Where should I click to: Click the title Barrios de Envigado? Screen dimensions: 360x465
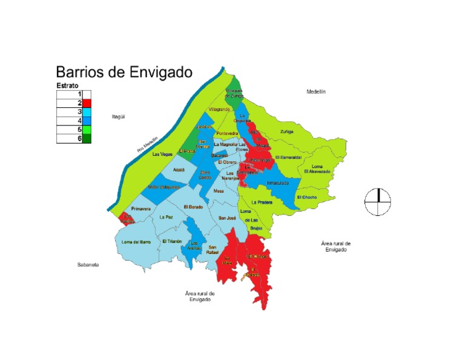point(124,72)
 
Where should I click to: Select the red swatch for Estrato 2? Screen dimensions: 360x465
point(87,104)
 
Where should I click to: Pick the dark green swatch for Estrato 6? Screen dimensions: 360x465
point(87,139)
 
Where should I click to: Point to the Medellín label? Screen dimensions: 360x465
point(315,92)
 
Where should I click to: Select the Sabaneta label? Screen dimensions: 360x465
point(88,265)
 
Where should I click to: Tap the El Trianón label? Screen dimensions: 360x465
point(172,241)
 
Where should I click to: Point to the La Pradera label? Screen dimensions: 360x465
point(262,202)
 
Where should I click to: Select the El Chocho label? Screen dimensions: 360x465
point(307,198)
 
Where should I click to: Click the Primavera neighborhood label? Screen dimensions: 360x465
point(140,208)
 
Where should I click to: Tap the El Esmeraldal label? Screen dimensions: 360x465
point(288,158)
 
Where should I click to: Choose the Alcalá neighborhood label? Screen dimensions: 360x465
point(178,171)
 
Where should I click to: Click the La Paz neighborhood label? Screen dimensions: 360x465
point(166,216)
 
